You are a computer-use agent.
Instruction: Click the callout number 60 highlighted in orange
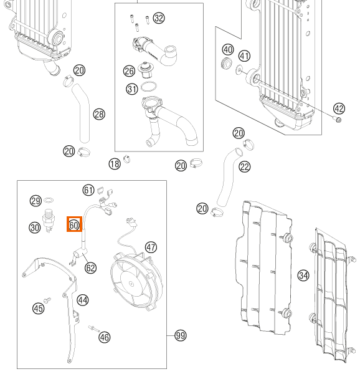74,224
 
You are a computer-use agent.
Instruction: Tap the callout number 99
181,335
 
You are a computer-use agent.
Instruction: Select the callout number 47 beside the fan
151,247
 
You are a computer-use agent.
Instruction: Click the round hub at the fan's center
131,284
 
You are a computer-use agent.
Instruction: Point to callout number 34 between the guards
303,276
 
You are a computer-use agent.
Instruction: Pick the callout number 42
339,108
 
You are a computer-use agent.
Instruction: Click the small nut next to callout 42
338,119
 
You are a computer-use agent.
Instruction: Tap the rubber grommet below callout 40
227,64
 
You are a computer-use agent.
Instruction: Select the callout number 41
244,56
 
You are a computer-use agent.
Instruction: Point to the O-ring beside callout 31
149,87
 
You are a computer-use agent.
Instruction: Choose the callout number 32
159,18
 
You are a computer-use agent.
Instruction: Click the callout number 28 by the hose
99,114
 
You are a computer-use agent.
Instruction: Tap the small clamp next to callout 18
127,158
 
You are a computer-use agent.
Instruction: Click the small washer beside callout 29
49,200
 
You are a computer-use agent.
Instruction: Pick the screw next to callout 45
47,300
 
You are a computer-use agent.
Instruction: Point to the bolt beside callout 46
94,329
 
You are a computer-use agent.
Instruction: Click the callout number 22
245,166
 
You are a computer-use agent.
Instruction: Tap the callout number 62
90,267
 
